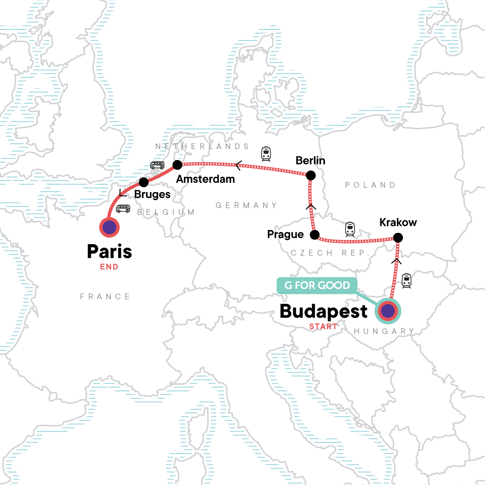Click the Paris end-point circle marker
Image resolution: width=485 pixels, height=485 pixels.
[109, 227]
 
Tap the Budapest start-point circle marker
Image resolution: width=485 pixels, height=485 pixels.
[388, 311]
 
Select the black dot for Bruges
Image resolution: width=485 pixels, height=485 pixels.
[143, 182]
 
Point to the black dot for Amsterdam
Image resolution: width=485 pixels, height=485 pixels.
[177, 164]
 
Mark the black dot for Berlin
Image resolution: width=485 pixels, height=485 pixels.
[310, 175]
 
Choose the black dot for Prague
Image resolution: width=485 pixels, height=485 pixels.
[314, 234]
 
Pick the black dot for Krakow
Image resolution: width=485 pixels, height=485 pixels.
[398, 238]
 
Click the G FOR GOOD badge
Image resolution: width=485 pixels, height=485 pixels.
[317, 285]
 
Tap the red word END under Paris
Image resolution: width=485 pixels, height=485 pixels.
[109, 267]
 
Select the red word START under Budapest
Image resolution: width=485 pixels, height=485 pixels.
[323, 327]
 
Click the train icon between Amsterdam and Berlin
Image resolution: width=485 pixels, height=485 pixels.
[266, 154]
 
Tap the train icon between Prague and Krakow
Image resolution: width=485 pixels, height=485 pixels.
[350, 229]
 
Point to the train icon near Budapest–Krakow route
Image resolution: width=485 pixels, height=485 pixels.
[407, 281]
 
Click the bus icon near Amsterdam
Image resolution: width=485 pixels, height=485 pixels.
[157, 165]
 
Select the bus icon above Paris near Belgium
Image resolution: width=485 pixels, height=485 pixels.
[123, 209]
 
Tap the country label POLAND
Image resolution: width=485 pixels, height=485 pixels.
[370, 185]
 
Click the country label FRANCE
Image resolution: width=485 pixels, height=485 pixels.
[105, 297]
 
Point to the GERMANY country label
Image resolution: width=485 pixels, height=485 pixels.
[246, 205]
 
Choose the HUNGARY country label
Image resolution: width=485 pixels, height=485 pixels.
[384, 331]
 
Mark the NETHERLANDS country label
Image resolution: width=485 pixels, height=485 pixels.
[202, 146]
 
